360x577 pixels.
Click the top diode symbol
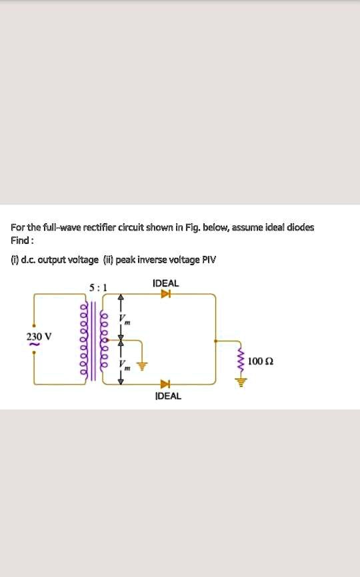(165, 294)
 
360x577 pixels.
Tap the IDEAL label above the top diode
(166, 283)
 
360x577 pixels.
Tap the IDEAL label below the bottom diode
(167, 396)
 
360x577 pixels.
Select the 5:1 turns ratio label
(97, 288)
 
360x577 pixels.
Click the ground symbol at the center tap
(141, 365)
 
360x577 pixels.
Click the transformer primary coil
(84, 340)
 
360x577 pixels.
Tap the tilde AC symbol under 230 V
(29, 345)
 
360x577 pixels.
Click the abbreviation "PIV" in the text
(209, 259)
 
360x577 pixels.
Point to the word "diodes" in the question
(300, 227)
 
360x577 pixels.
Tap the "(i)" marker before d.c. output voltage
(14, 259)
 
